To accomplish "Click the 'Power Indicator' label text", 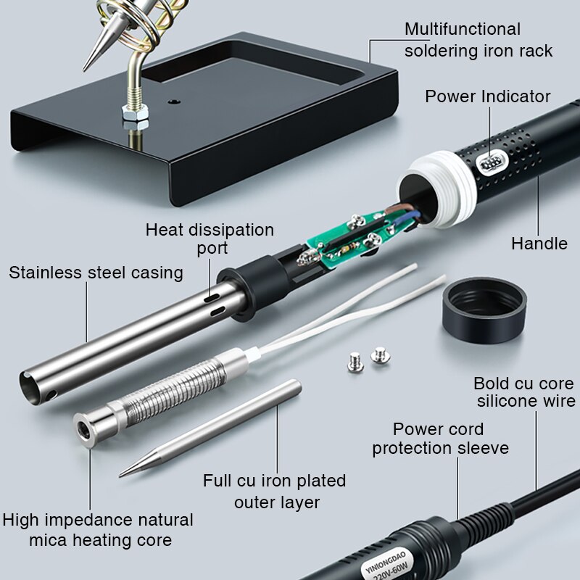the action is click(x=487, y=96).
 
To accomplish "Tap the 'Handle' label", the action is click(x=539, y=244).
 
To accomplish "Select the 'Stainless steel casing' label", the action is click(x=96, y=273).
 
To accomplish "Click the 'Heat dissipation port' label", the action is click(x=210, y=239).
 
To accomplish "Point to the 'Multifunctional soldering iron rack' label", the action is click(x=478, y=40).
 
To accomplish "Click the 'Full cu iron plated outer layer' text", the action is click(x=275, y=492).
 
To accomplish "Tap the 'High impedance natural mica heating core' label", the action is click(x=98, y=530).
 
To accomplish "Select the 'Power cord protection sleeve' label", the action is click(x=440, y=439).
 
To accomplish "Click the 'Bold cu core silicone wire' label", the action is click(x=525, y=392).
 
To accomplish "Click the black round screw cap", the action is click(x=484, y=310).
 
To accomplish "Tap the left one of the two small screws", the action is click(x=356, y=362).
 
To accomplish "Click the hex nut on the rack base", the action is click(x=135, y=112).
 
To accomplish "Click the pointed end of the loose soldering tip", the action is click(x=120, y=476).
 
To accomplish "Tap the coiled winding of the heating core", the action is click(x=174, y=392).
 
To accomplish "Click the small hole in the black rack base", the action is click(x=173, y=101).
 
